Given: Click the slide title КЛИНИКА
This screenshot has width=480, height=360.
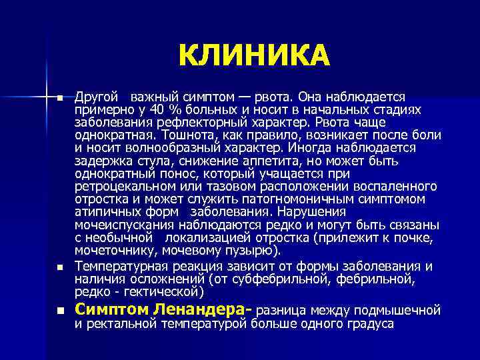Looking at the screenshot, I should [254, 57].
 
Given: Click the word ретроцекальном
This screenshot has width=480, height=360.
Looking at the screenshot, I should [125, 186].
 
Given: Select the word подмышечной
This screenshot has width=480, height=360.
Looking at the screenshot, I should [397, 309].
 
